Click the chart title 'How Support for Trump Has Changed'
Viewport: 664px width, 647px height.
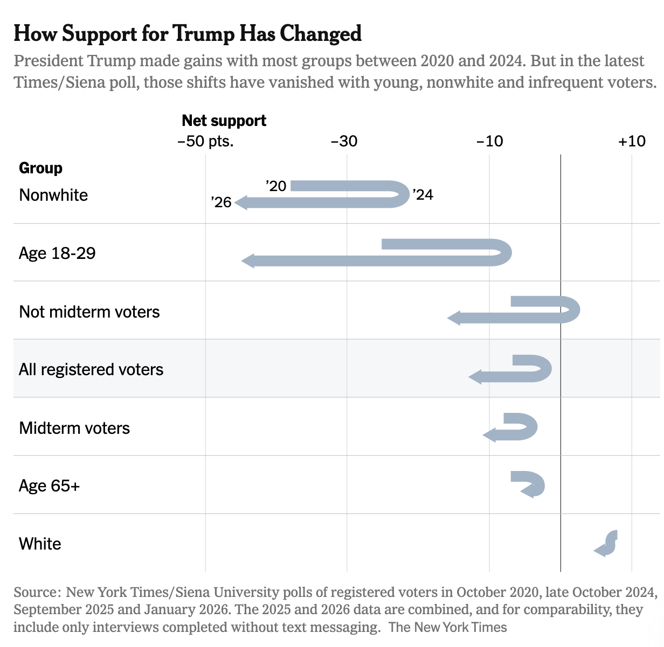click(187, 33)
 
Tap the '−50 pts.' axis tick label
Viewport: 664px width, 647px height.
click(205, 142)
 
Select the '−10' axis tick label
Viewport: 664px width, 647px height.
click(489, 142)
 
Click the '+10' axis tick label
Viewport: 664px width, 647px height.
click(632, 142)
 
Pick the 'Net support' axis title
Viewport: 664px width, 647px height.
click(224, 121)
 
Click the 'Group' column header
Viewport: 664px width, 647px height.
click(40, 168)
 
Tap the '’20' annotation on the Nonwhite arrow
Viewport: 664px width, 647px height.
click(276, 186)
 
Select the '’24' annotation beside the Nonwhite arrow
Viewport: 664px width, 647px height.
click(423, 195)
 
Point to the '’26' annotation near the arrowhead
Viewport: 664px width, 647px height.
click(221, 202)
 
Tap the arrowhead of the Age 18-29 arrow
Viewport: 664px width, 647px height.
click(248, 261)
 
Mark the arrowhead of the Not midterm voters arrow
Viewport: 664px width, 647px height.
click(454, 318)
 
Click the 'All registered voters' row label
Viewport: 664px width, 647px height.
click(91, 370)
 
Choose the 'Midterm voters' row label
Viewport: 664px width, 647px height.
click(74, 428)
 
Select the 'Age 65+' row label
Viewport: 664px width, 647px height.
click(49, 486)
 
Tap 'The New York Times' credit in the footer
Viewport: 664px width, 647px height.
click(448, 627)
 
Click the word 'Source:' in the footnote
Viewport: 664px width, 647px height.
click(36, 593)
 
